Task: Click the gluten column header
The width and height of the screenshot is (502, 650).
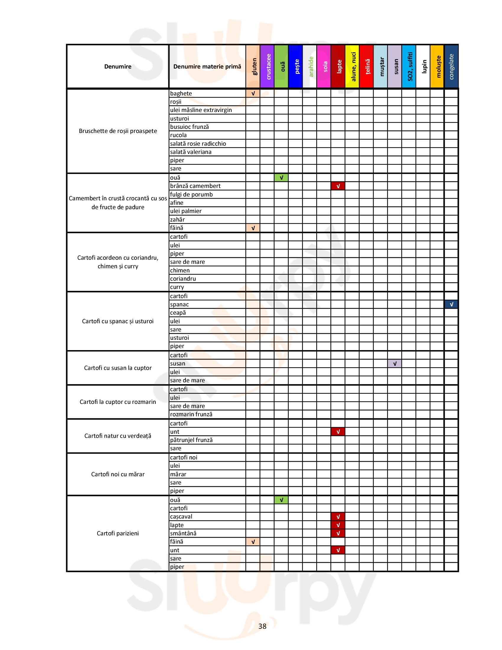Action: [x=253, y=66]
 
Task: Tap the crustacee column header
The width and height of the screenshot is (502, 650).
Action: [x=267, y=66]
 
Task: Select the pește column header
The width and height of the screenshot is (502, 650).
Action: [x=296, y=66]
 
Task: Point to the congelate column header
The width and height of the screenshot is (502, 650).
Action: [x=451, y=66]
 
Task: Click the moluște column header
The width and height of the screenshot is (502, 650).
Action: [x=437, y=66]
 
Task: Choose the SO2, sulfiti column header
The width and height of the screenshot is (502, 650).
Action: [x=409, y=66]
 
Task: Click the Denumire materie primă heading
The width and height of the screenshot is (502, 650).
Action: [x=207, y=66]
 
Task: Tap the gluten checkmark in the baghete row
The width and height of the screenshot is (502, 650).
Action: [x=253, y=93]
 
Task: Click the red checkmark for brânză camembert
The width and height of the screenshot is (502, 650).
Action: [x=338, y=186]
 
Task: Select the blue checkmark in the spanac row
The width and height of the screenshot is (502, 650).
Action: [x=451, y=304]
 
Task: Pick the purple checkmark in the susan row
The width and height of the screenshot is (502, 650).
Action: [x=395, y=364]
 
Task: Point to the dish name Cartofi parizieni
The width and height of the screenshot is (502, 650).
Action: [x=118, y=533]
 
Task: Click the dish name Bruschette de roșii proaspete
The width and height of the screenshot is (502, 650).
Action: [x=118, y=131]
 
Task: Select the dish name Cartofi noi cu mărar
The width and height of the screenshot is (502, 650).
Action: [x=118, y=474]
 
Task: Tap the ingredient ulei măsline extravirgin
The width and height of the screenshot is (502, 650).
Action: [x=201, y=110]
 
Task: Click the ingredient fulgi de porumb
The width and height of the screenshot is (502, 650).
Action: [x=191, y=195]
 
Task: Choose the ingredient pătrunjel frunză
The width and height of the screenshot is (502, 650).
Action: [x=191, y=440]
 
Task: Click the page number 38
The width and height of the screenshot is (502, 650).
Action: [x=262, y=626]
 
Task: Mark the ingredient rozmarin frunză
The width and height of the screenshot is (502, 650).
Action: [x=191, y=415]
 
